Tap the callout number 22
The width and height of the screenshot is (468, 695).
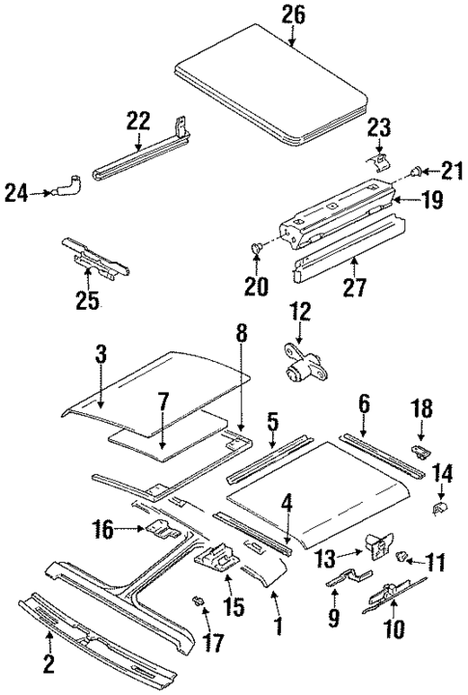click(138, 122)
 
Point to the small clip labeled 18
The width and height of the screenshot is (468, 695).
click(421, 449)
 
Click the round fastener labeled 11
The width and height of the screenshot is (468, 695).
click(406, 556)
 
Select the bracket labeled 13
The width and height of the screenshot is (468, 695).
click(373, 548)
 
